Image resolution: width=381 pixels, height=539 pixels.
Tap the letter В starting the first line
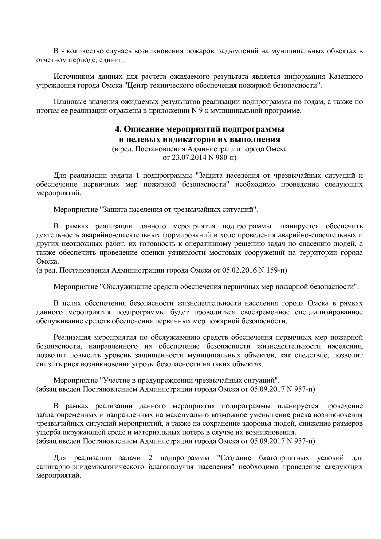[x=56, y=51]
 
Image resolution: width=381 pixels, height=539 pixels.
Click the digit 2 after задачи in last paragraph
[x=150, y=458]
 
